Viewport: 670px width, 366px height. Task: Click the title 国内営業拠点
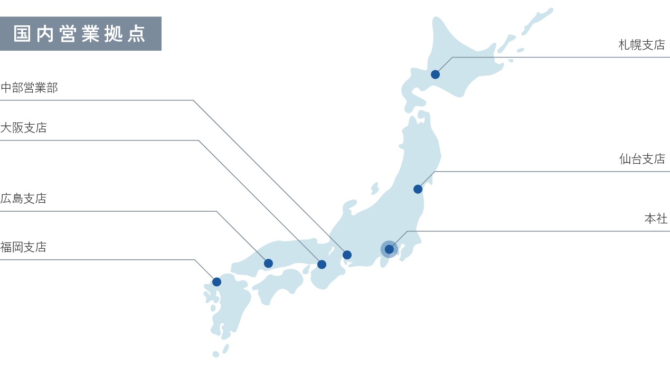coord(80,34)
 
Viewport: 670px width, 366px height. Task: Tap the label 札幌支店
coord(641,45)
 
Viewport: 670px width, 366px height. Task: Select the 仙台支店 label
coord(642,159)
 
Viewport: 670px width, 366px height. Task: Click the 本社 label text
coord(656,219)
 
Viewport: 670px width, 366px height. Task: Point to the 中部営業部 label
coord(29,88)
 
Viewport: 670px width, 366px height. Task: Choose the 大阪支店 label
coord(24,128)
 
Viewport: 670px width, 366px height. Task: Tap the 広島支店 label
coord(24,199)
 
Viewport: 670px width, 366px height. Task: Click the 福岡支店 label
coord(24,247)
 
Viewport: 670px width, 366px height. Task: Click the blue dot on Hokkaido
coord(435,74)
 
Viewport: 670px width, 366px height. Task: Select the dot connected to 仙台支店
coord(418,189)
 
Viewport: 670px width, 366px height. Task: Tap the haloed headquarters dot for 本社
coord(389,249)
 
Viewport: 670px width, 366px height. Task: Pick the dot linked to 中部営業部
coord(347,255)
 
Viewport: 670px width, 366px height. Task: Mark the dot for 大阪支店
coord(322,265)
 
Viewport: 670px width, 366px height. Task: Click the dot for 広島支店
coord(268,263)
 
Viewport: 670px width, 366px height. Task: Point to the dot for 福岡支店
coord(216,282)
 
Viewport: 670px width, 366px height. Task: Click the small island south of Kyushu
coord(215,354)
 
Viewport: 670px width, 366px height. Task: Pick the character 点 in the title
coord(137,34)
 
